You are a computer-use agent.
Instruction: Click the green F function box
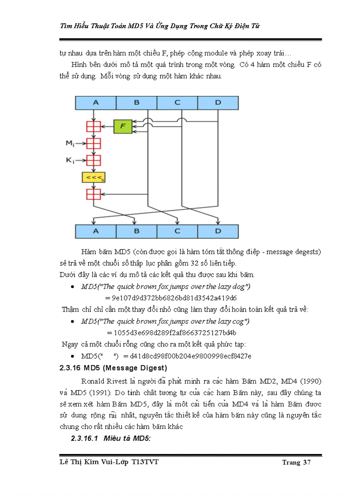tap(123, 127)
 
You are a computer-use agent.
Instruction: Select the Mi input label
tap(69, 143)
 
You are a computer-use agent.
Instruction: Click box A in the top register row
tap(96, 103)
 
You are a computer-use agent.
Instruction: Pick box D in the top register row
tap(217, 103)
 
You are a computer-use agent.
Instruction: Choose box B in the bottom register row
tap(136, 231)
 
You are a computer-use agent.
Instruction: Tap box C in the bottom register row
tap(177, 231)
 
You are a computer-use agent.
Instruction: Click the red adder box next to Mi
tap(94, 144)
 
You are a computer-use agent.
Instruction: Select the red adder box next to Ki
tap(94, 160)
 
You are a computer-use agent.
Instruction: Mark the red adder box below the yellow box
tap(94, 194)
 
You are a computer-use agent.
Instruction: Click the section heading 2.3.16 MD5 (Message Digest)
tap(113, 368)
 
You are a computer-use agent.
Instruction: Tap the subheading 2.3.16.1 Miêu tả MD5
tap(111, 439)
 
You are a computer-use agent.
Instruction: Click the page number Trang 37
tap(297, 462)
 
